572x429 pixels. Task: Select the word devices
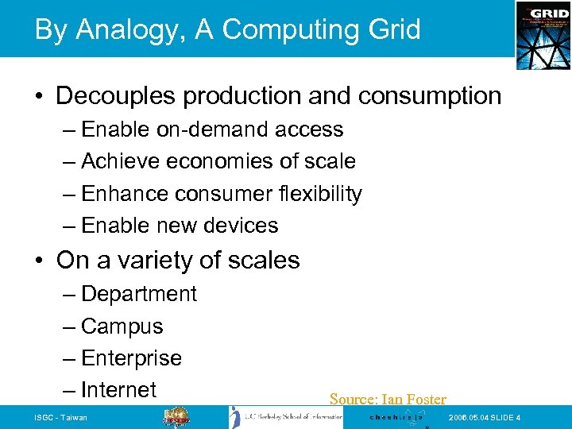click(241, 226)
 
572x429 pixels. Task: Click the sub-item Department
click(139, 294)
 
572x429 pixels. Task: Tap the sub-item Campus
click(122, 327)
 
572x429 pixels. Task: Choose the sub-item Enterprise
click(132, 358)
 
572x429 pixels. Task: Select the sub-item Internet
click(119, 390)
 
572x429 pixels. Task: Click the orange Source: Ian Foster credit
click(388, 400)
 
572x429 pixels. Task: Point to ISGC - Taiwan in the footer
click(61, 418)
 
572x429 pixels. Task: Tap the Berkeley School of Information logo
click(286, 418)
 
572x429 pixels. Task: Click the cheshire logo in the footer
click(396, 417)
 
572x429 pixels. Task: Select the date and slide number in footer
click(485, 418)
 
